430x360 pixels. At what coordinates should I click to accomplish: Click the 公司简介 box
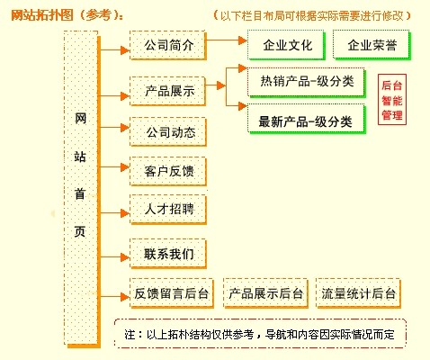(x=168, y=45)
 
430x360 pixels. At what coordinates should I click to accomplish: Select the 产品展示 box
(x=168, y=91)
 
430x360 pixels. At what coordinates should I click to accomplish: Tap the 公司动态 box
(x=168, y=132)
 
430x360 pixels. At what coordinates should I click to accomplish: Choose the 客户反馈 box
(x=168, y=171)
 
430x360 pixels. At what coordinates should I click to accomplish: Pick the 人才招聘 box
(x=168, y=210)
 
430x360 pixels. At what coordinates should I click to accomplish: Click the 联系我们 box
(x=168, y=254)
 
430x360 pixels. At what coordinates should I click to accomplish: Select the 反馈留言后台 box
(x=172, y=293)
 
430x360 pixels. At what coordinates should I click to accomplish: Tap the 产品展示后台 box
(x=265, y=293)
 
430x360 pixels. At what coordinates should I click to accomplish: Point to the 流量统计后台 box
(x=359, y=293)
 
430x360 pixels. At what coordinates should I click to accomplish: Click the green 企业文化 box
(x=286, y=45)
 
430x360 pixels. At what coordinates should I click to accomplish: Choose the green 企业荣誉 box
(x=372, y=45)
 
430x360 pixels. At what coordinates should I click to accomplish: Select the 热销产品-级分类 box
(x=307, y=83)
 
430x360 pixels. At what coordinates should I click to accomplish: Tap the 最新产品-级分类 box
(x=307, y=119)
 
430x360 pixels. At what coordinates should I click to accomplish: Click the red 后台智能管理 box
(x=392, y=100)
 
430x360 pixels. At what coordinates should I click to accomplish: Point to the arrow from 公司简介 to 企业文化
(x=227, y=40)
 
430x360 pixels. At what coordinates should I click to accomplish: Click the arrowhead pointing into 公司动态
(x=125, y=128)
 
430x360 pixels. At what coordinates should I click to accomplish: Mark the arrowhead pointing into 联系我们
(x=125, y=257)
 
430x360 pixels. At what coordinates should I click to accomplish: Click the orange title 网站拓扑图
(x=42, y=15)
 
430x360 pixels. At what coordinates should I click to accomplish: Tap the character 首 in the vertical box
(x=80, y=194)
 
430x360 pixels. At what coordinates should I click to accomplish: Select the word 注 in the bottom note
(x=130, y=334)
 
